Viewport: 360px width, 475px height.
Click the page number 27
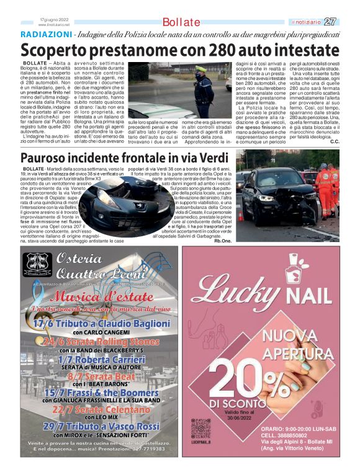(x=330, y=22)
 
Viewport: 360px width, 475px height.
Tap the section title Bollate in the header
(x=181, y=22)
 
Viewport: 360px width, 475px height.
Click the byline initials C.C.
(x=335, y=141)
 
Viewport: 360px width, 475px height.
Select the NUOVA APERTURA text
(x=298, y=345)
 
